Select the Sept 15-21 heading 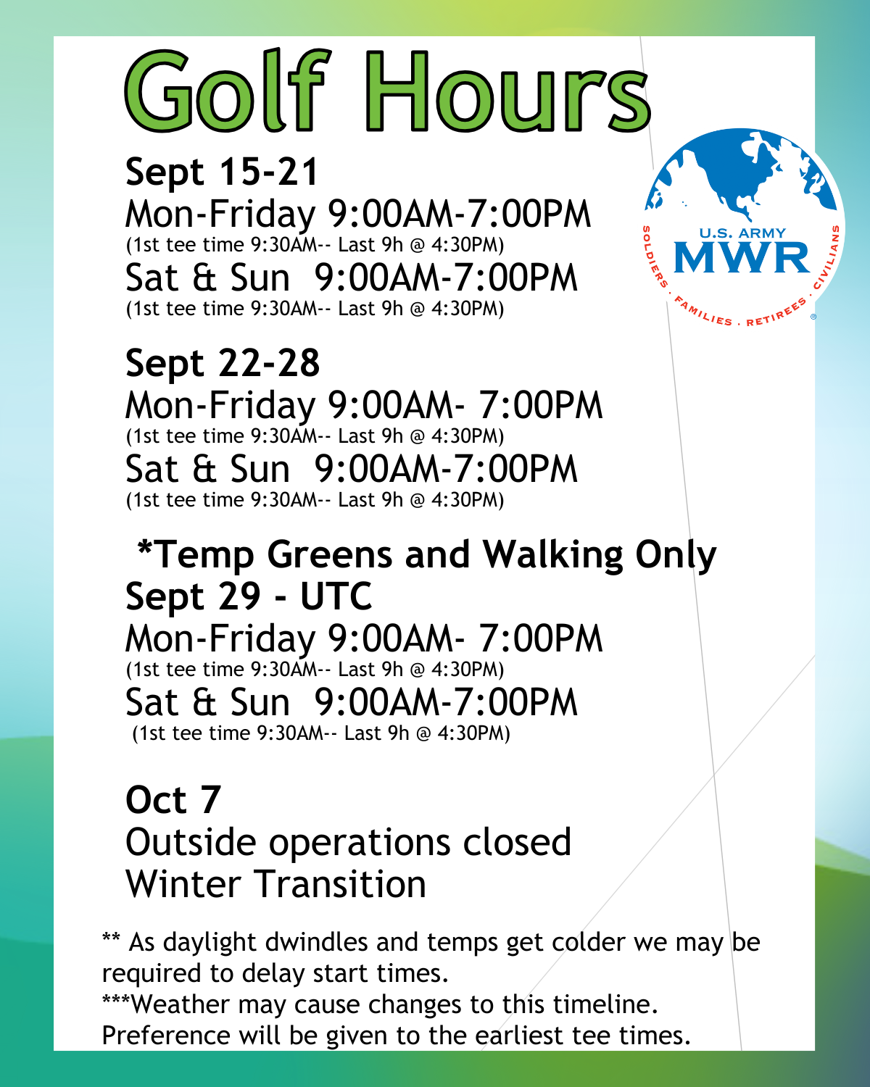click(x=221, y=172)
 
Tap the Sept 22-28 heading click(x=223, y=364)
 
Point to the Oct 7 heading click(x=173, y=799)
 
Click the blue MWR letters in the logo click(x=742, y=257)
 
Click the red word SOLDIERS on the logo click(x=654, y=257)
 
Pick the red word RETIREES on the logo click(x=776, y=313)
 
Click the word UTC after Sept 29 click(x=336, y=596)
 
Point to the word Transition click(x=339, y=884)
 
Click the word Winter click(x=183, y=884)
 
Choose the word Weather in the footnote click(x=180, y=1004)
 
